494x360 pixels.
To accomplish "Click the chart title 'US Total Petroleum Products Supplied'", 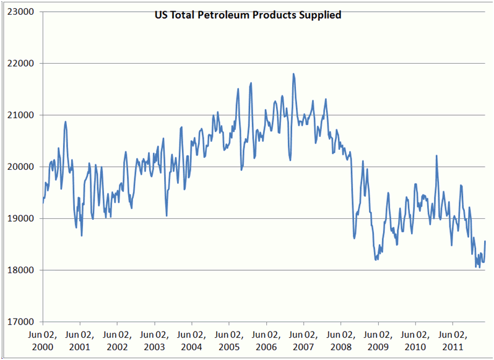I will click(248, 15).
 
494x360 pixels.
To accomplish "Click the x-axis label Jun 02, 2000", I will click(43, 340).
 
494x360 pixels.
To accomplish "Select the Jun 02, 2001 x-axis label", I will click(80, 340).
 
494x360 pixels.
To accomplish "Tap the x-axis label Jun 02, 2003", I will click(155, 340).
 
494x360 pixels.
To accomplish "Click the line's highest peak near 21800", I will click(293, 74).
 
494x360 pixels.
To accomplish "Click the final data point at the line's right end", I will click(485, 241).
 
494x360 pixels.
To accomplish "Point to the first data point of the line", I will click(43, 203).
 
